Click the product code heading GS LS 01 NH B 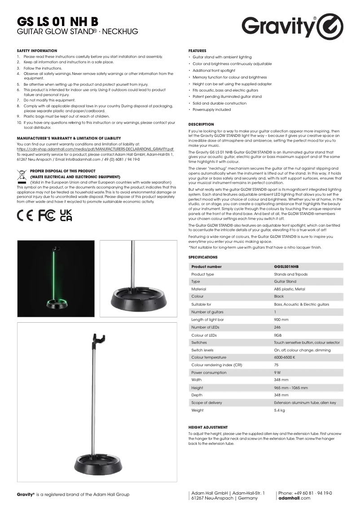tap(57, 22)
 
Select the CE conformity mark tap(26, 215)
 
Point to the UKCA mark tap(66, 215)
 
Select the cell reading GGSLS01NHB tap(286, 267)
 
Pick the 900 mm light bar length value tap(281, 320)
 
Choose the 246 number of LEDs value tap(277, 327)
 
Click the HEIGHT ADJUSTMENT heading tap(208, 427)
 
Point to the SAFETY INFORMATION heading tap(37, 51)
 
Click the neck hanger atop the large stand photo tap(98, 338)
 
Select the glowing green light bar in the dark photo tap(54, 274)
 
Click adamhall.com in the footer tap(294, 498)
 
